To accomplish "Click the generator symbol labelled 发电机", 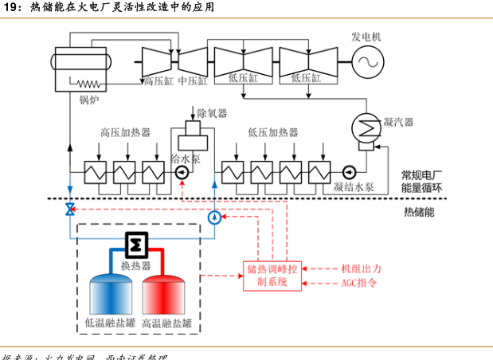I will [x=367, y=61].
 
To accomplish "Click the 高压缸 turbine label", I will [x=158, y=80].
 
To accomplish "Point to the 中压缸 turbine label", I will [x=193, y=80].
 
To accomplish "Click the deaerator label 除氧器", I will [x=213, y=113].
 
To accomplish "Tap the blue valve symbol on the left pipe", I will [x=70, y=209].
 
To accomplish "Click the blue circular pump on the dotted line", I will [x=214, y=217].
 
